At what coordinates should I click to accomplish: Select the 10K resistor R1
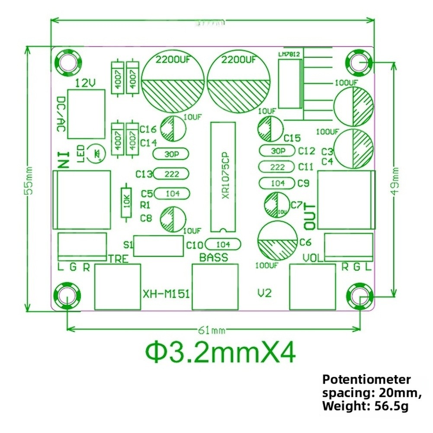[126, 202]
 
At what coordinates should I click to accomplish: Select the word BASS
[213, 258]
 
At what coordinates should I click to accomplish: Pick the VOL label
[313, 259]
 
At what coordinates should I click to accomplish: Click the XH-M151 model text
[166, 294]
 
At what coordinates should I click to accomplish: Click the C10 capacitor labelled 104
[223, 244]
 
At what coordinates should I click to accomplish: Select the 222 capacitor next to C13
[172, 174]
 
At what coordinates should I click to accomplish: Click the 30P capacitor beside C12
[277, 151]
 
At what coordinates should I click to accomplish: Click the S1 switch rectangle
[158, 246]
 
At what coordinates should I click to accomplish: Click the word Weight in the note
[343, 406]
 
